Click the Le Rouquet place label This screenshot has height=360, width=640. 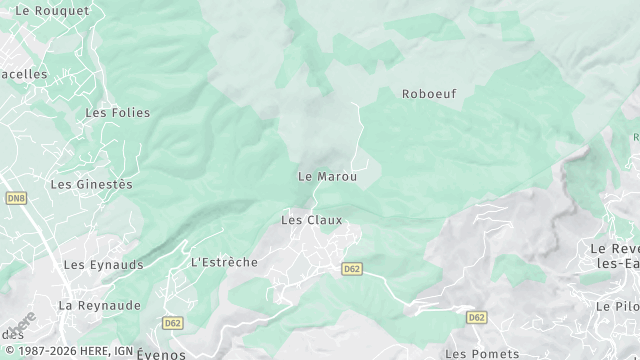[53, 10]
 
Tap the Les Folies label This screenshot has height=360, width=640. [110, 113]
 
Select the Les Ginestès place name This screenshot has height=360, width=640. [91, 184]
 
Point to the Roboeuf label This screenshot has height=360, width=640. [429, 94]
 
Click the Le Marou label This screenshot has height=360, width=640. [327, 176]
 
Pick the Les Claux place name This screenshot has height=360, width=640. [311, 220]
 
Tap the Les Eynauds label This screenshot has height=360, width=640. [103, 265]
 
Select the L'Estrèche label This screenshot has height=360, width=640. [224, 262]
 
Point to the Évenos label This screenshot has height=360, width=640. [163, 353]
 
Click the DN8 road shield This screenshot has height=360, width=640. [15, 200]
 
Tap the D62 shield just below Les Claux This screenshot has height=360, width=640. [351, 269]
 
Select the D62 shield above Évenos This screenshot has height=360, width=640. [173, 323]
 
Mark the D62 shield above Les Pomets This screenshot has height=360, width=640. [476, 318]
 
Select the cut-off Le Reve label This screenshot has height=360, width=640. [614, 248]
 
